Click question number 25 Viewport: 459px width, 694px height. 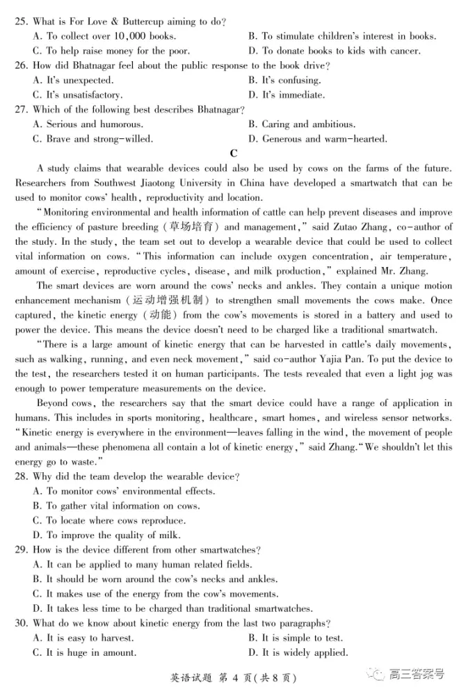pyautogui.click(x=22, y=21)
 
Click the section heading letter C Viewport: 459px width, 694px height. pyautogui.click(x=233, y=154)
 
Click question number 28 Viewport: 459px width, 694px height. pyautogui.click(x=22, y=476)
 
